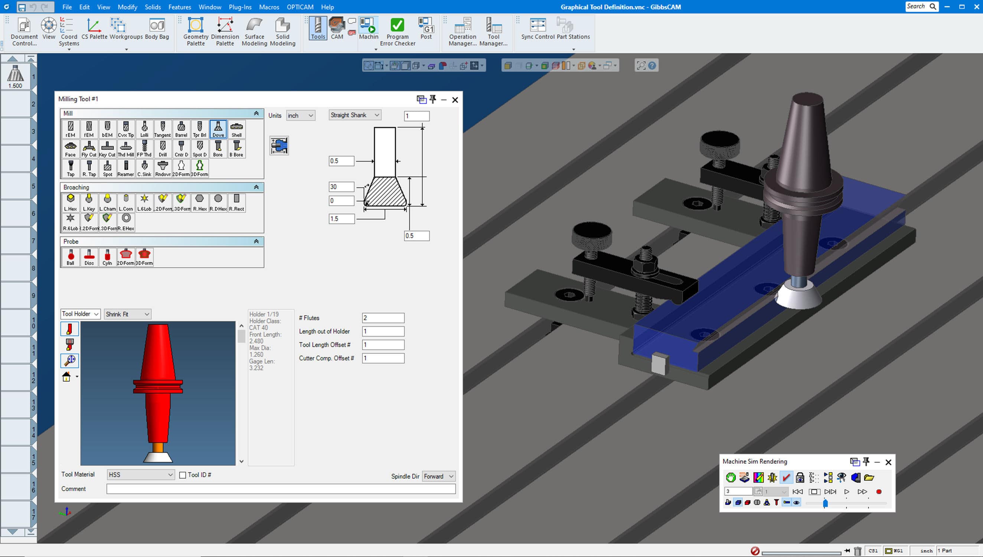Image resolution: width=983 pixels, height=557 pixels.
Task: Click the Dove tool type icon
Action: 218,129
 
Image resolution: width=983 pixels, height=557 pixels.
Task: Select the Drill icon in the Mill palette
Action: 163,149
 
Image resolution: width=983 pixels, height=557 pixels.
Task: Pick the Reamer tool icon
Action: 125,168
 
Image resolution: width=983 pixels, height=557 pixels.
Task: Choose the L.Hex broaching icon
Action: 71,202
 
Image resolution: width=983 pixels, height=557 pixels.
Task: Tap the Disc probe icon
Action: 89,257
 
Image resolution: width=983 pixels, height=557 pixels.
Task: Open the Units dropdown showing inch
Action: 301,115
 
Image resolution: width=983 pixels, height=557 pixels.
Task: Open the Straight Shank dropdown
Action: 355,115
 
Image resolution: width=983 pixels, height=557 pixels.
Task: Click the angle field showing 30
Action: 341,187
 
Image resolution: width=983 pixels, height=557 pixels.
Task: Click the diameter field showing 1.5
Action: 341,219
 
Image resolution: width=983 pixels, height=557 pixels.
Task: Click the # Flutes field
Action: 383,318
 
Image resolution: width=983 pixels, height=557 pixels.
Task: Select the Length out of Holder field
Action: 383,331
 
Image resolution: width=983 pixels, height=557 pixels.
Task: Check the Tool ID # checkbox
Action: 183,475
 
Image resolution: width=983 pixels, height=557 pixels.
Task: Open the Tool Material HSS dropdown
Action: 140,475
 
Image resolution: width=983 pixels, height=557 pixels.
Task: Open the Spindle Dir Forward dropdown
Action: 438,476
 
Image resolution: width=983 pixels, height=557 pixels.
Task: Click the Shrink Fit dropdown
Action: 127,314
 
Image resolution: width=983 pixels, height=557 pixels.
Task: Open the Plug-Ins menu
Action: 240,7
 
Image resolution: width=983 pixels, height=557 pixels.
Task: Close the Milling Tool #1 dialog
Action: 455,100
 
